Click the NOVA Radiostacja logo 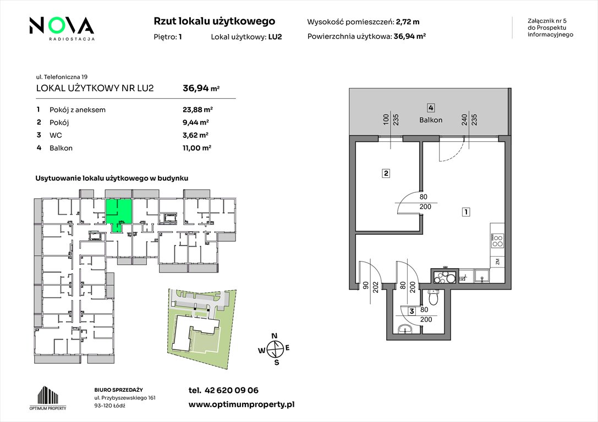pyautogui.click(x=62, y=28)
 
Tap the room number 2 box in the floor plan pyautogui.click(x=386, y=174)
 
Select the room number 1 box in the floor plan pyautogui.click(x=465, y=212)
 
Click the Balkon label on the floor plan pyautogui.click(x=431, y=120)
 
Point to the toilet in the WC pyautogui.click(x=434, y=296)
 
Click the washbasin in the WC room pyautogui.click(x=404, y=329)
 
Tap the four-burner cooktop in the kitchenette pyautogui.click(x=497, y=240)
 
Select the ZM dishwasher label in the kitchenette pyautogui.click(x=497, y=262)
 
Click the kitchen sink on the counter pyautogui.click(x=482, y=276)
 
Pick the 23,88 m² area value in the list pyautogui.click(x=197, y=110)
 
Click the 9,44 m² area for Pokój pyautogui.click(x=196, y=122)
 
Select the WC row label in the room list pyautogui.click(x=56, y=135)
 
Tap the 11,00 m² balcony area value pyautogui.click(x=197, y=148)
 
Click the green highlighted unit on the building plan pyautogui.click(x=119, y=213)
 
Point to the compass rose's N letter pyautogui.click(x=274, y=336)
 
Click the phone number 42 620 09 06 pyautogui.click(x=232, y=390)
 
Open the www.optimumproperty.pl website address pyautogui.click(x=242, y=405)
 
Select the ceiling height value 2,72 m pyautogui.click(x=408, y=22)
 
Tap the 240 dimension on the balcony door pyautogui.click(x=464, y=120)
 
